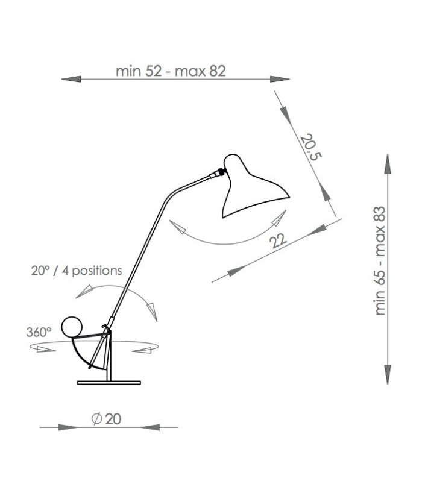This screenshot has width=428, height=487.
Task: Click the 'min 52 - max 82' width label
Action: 171,71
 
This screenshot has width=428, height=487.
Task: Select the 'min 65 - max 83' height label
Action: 380,264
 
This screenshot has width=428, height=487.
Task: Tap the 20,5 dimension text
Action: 311,148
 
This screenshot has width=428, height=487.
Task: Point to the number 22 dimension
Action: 277,241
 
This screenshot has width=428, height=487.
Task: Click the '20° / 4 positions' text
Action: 77,270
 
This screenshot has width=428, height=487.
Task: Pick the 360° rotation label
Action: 39,331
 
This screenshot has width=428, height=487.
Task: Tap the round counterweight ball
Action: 72,327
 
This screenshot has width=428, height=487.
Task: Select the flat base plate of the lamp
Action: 109,383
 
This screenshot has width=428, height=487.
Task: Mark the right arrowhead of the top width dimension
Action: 280,79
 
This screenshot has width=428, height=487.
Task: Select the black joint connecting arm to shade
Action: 221,173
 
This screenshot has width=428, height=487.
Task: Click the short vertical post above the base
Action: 109,362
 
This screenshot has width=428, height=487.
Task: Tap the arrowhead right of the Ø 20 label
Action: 148,427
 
